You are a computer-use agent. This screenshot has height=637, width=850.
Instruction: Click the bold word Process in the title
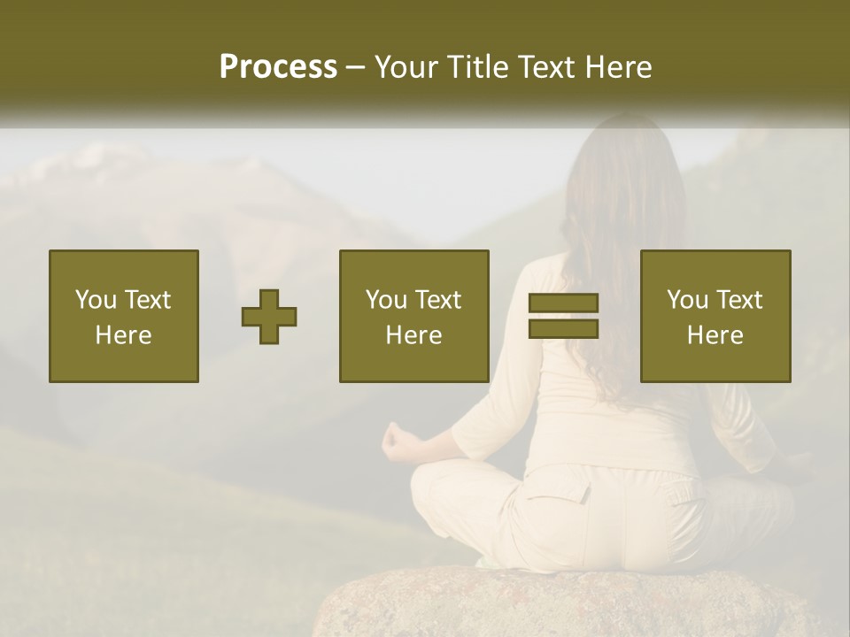click(x=278, y=67)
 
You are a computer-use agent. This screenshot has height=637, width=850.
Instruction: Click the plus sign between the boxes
click(x=269, y=317)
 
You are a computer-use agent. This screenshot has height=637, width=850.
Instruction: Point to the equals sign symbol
click(x=563, y=317)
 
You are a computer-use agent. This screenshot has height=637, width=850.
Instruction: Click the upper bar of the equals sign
click(x=563, y=303)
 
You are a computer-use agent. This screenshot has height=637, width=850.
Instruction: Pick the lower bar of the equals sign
click(x=563, y=329)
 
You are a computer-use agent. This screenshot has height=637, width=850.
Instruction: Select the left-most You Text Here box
click(x=123, y=316)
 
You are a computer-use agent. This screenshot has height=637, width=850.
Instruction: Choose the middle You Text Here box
click(x=413, y=316)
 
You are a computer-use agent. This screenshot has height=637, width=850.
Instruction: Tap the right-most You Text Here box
click(x=715, y=316)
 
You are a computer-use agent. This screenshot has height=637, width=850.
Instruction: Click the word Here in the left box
click(x=123, y=335)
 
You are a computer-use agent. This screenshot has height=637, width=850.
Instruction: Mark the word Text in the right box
click(x=738, y=300)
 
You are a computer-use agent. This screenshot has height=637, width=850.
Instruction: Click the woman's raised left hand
click(x=398, y=441)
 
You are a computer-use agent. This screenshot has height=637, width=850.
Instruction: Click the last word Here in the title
click(x=616, y=67)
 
